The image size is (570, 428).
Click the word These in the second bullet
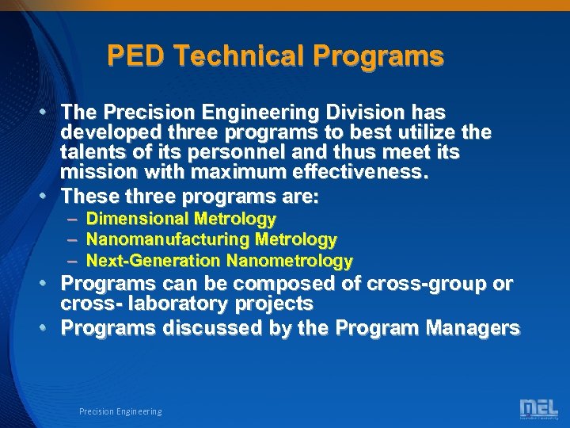(90, 195)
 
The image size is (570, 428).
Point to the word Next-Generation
(154, 260)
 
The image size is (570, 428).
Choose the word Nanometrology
(289, 260)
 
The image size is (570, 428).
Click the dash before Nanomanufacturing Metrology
(73, 239)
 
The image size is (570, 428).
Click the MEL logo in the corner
(538, 409)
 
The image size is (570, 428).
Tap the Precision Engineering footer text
(120, 411)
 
